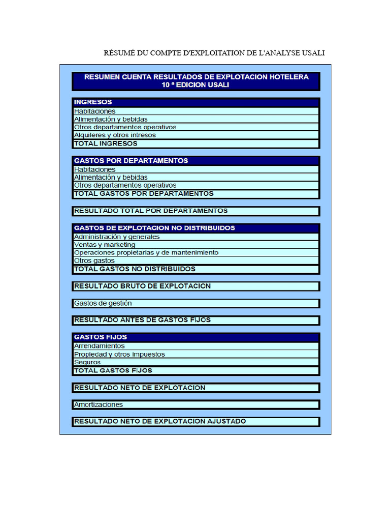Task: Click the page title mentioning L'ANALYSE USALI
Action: pos(214,53)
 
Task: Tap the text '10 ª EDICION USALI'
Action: pos(196,85)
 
